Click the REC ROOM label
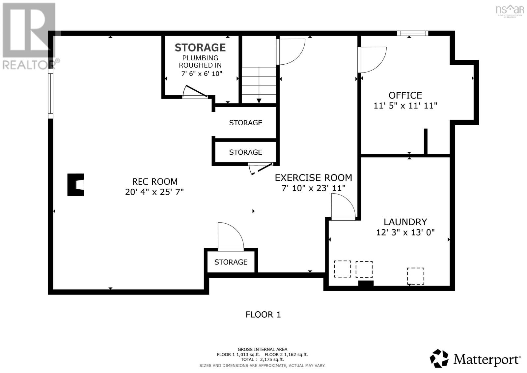tap(155, 181)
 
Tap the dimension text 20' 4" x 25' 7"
tap(154, 192)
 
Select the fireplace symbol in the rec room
tap(76, 185)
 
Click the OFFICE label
tap(405, 95)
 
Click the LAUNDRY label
tap(405, 222)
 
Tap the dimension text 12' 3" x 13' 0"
tap(405, 232)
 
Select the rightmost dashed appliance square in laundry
tap(415, 276)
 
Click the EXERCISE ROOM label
tap(313, 178)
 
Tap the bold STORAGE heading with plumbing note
tap(200, 48)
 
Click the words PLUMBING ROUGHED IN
tap(200, 62)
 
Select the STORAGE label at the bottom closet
tap(231, 262)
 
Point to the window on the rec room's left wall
tap(50, 96)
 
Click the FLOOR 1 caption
tap(263, 315)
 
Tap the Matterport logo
tap(475, 359)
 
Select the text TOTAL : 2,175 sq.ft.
tap(262, 359)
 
